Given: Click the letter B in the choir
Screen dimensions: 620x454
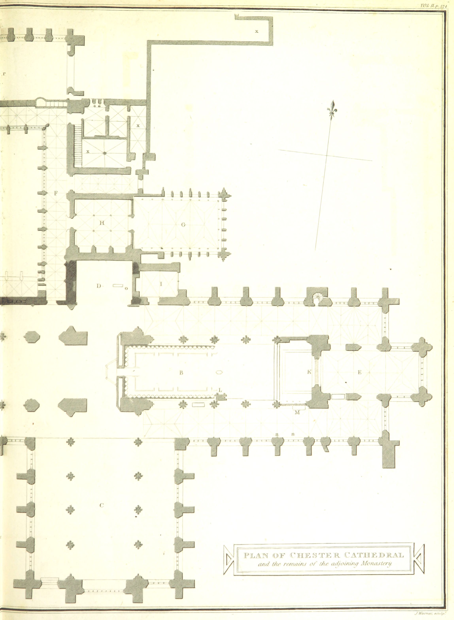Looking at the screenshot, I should (x=181, y=373).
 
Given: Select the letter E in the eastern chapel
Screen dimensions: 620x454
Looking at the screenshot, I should (x=360, y=372).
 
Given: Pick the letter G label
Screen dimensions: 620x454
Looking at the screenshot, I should (x=183, y=225).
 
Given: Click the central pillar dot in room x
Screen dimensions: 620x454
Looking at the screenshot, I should (x=105, y=153).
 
